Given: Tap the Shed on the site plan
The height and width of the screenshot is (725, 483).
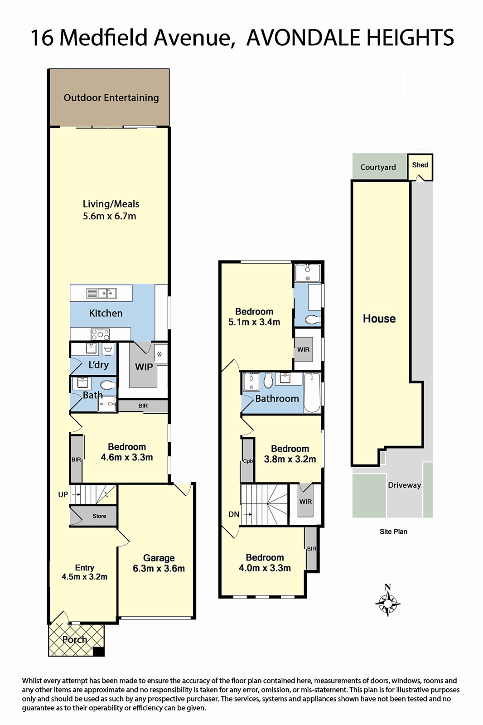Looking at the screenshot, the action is [x=420, y=167].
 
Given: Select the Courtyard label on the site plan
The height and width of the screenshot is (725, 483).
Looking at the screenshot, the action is [x=378, y=167].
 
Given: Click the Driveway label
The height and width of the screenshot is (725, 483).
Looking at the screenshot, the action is [x=404, y=485].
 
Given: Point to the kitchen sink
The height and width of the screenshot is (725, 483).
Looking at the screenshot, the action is [x=101, y=293].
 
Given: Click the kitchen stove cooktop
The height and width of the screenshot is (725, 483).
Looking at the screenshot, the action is [x=100, y=334].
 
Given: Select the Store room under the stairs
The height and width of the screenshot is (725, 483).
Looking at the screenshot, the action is [x=93, y=516].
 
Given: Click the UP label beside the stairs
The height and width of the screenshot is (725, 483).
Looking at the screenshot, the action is [x=63, y=494].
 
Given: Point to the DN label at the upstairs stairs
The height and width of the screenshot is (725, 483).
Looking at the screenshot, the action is [x=233, y=514].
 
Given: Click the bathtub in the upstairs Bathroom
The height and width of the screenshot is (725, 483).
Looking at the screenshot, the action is [x=312, y=392].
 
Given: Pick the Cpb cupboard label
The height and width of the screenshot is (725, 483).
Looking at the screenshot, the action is [x=248, y=461].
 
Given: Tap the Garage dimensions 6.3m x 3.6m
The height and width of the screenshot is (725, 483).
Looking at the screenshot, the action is [x=159, y=568].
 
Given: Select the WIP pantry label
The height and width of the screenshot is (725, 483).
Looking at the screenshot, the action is [x=144, y=367].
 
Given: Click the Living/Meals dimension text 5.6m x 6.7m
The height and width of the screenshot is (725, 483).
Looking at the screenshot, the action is [x=109, y=216].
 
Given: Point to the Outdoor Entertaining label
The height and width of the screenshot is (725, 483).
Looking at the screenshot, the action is [x=111, y=98].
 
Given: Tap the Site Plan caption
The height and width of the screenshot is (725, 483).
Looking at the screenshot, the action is [x=393, y=532].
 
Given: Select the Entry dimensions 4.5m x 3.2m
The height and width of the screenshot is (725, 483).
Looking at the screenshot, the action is [x=84, y=577].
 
